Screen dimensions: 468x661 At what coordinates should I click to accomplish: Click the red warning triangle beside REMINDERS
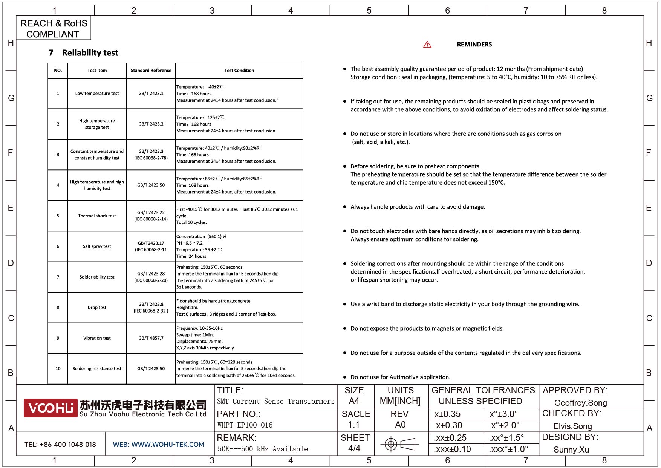[x=427, y=45]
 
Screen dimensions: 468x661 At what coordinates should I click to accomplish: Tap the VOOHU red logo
[x=50, y=408]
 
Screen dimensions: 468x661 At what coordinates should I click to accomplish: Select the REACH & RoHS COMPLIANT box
[x=54, y=29]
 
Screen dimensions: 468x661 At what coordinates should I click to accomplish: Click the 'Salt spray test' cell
[x=97, y=246]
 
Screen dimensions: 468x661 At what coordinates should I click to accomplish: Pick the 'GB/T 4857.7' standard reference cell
[x=151, y=338]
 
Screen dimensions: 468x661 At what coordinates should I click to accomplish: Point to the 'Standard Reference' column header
[x=151, y=71]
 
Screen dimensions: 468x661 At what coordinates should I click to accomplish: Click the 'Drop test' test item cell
[x=97, y=308]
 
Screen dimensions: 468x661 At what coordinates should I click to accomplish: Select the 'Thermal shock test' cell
[x=97, y=216]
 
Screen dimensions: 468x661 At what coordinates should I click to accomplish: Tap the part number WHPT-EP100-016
[x=245, y=425]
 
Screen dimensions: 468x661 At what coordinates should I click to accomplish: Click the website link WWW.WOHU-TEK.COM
[x=168, y=445]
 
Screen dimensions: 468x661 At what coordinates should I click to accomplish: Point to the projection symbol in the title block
[x=399, y=444]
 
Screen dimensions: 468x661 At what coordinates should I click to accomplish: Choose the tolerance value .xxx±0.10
[x=452, y=449]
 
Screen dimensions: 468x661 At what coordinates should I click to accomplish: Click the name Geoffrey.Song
[x=580, y=403]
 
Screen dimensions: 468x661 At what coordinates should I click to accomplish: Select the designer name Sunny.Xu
[x=571, y=450]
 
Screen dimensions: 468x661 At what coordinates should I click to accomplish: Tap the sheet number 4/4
[x=354, y=448]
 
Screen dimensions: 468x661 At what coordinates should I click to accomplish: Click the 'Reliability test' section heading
[x=90, y=53]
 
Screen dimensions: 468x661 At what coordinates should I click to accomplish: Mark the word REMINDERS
[x=474, y=45]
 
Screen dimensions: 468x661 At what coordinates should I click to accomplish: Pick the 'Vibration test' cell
[x=97, y=338]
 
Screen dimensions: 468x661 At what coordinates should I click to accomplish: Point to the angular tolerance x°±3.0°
[x=503, y=414]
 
